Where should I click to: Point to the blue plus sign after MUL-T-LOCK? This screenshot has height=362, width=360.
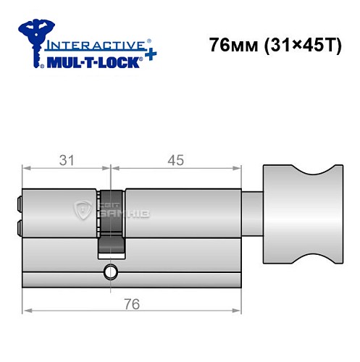[x=148, y=56]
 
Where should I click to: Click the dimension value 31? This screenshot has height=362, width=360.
[x=67, y=159]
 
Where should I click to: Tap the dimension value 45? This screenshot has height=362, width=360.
[x=173, y=159]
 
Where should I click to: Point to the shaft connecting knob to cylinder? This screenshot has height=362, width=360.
[x=252, y=211]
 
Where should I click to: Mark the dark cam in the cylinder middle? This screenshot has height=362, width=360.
[x=111, y=222]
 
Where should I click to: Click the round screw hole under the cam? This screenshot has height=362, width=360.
[x=111, y=273]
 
